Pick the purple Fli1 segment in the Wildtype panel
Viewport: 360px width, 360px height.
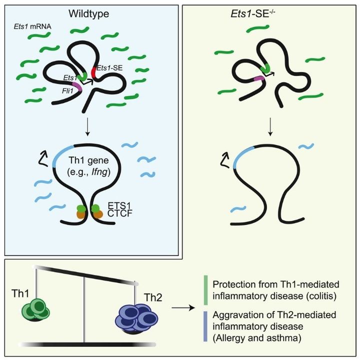(x=76, y=87)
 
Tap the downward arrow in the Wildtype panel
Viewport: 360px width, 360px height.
(x=88, y=125)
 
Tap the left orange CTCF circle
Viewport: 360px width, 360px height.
(x=80, y=214)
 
